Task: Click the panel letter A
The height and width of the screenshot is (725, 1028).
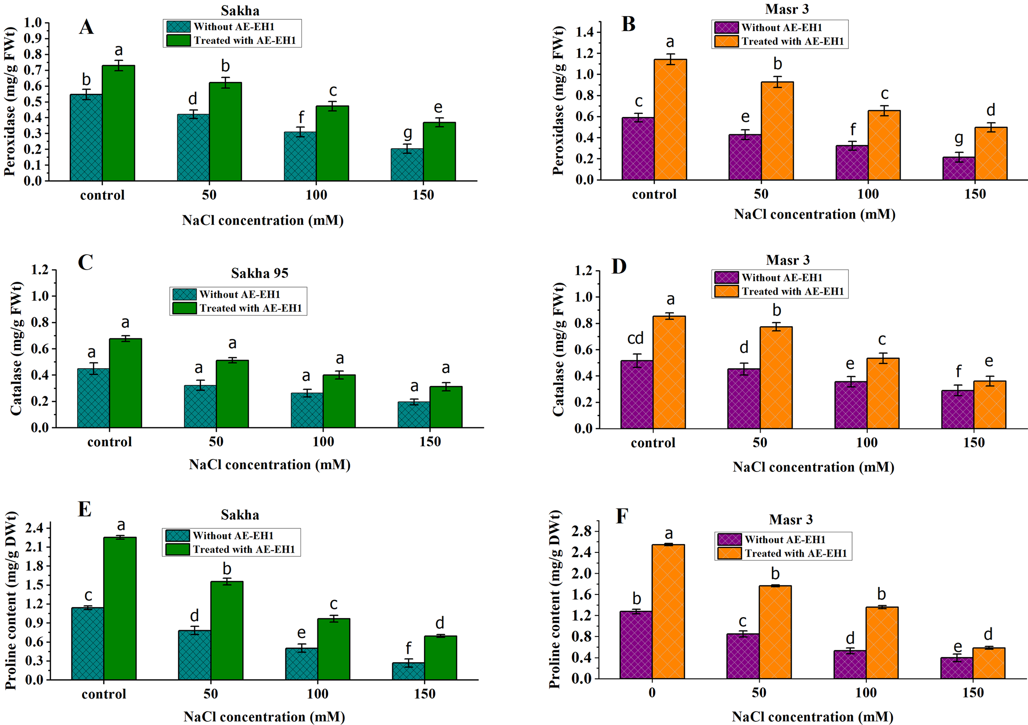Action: point(86,27)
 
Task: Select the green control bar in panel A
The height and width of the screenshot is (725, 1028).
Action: point(118,123)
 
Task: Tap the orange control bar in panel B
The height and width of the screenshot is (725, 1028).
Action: point(670,120)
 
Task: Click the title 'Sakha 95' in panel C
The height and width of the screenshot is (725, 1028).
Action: point(259,273)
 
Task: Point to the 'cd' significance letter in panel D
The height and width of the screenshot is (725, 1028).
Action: point(635,338)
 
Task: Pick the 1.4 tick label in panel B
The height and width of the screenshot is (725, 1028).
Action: point(585,32)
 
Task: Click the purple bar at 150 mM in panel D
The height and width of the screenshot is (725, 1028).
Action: point(957,409)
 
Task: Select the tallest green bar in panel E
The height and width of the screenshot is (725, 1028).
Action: point(120,609)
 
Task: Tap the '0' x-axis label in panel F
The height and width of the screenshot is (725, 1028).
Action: point(652,692)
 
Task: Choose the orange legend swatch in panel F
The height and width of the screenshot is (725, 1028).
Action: point(729,553)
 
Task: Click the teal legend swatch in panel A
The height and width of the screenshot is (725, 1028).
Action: point(179,27)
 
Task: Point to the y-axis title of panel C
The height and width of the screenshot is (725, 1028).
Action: point(16,349)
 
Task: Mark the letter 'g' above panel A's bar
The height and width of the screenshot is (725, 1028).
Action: point(407,133)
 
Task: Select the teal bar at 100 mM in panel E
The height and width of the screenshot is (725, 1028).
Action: point(301,664)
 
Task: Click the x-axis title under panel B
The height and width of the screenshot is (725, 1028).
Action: point(814,214)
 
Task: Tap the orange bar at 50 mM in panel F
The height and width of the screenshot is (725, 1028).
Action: point(775,632)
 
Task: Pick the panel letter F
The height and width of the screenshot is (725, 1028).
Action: point(622,516)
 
